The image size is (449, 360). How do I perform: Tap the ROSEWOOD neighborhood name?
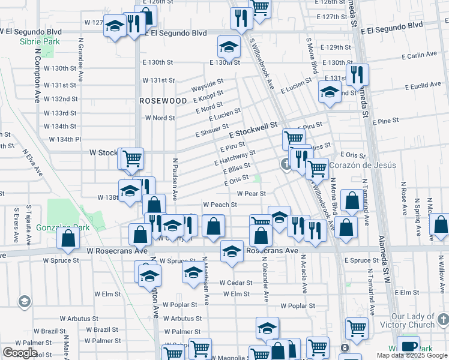[163, 101]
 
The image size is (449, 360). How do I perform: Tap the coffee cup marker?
[409, 347]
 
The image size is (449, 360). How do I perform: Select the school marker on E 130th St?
[228, 47]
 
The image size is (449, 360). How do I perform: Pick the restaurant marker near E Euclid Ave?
[357, 75]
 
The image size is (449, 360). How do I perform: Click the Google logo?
[19, 353]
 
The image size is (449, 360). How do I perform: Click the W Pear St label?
[251, 194]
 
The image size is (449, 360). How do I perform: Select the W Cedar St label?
[234, 283]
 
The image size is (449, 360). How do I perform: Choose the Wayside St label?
[207, 85]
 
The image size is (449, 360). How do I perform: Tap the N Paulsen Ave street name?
[175, 178]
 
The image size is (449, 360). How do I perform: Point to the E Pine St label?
[385, 122]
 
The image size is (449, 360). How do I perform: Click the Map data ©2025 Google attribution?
[412, 355]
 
